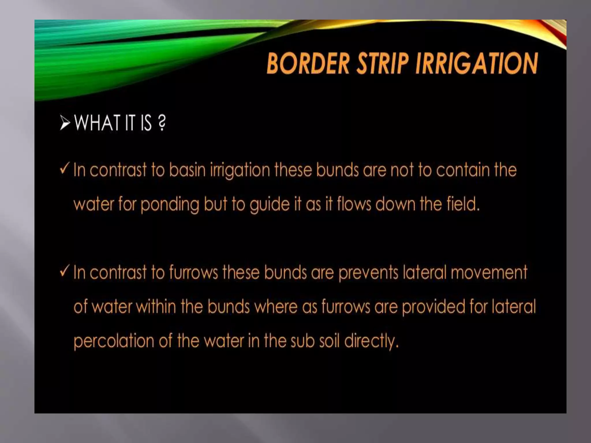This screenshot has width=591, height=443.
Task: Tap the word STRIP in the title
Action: click(383, 64)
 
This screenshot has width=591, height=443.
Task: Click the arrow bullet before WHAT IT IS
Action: click(65, 123)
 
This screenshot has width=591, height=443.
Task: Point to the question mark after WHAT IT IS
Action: click(162, 123)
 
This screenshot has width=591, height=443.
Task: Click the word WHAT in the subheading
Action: click(97, 123)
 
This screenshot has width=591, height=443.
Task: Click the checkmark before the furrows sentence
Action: click(65, 271)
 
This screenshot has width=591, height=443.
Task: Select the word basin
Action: click(187, 170)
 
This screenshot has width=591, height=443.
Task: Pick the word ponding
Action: click(170, 205)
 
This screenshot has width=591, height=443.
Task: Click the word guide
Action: click(270, 205)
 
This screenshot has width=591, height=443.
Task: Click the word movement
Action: click(489, 273)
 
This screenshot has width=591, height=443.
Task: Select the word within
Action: click(156, 307)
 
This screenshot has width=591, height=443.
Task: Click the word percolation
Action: click(114, 341)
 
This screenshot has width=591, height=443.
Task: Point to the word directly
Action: click(371, 341)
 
